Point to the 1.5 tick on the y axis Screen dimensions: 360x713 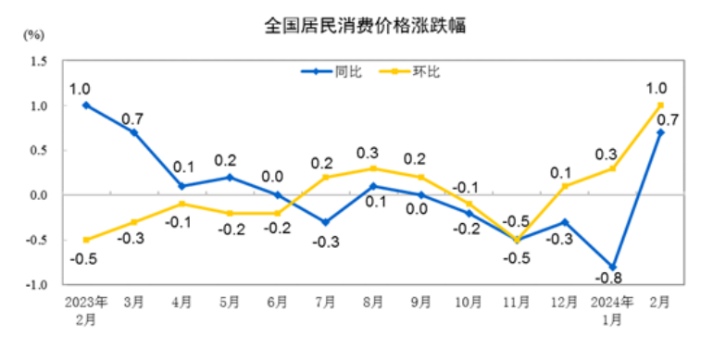coord(39,61)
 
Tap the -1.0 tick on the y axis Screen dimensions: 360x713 coord(37,285)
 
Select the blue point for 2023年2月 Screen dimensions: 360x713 coord(86,106)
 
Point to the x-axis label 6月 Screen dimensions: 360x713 coord(278,303)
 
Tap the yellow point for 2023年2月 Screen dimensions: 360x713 coord(86,240)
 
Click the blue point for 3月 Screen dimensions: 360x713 coord(134,132)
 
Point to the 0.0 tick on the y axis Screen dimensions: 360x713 coord(39,195)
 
